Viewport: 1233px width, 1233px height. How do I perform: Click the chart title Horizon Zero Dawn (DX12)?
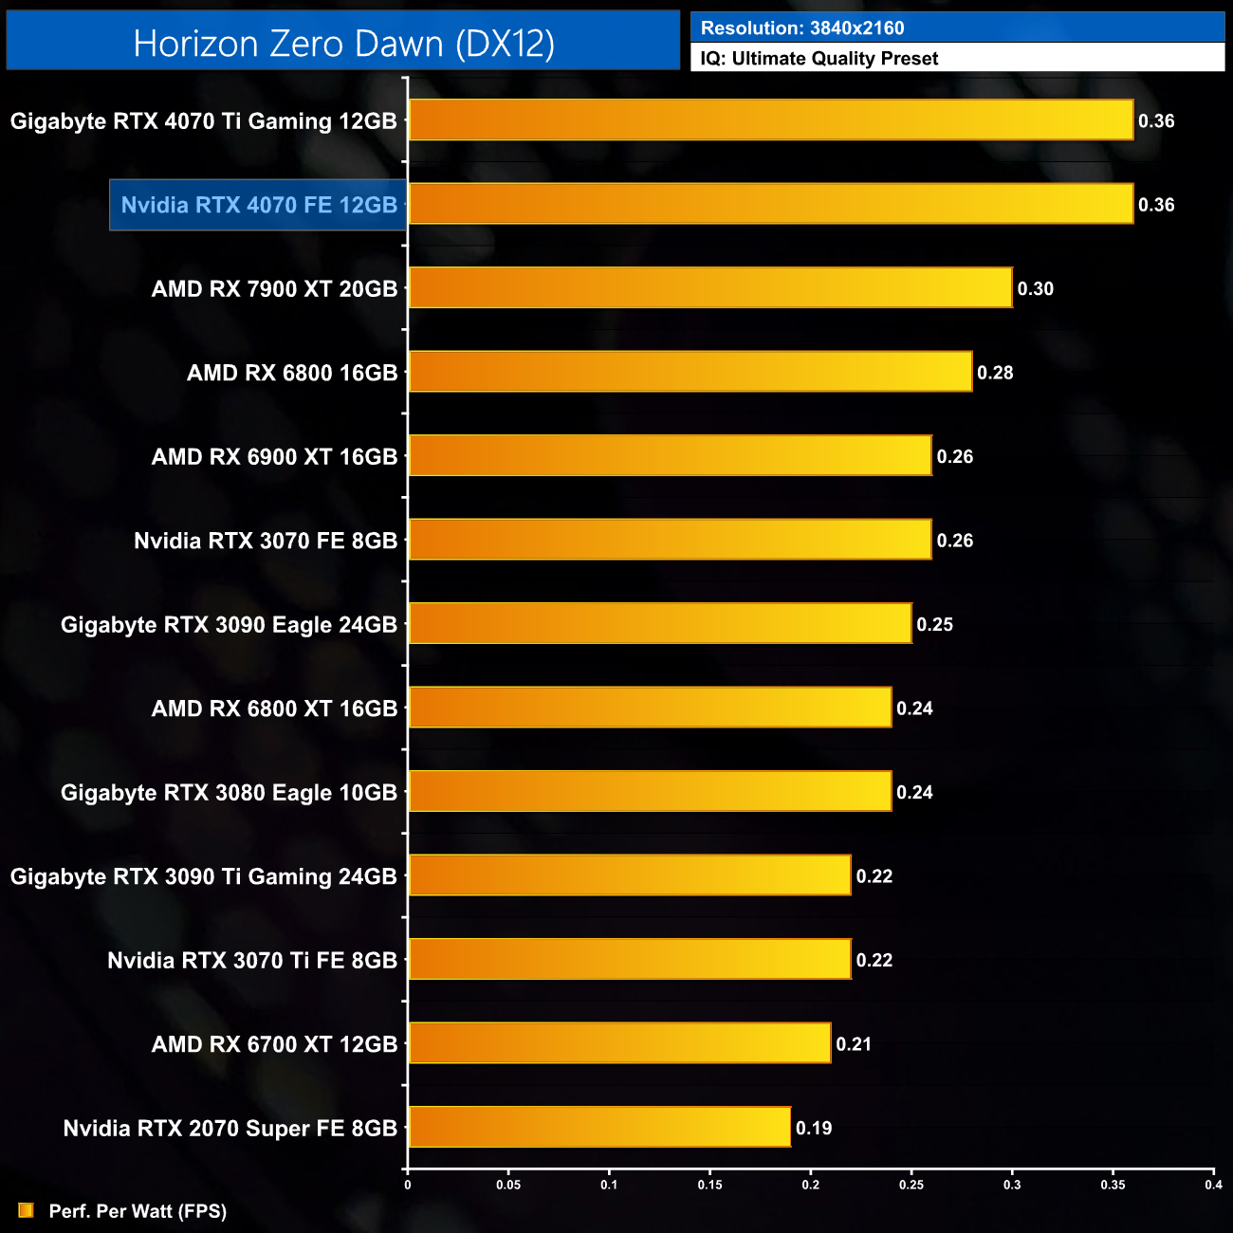343,44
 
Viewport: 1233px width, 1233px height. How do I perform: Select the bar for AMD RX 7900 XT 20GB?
709,288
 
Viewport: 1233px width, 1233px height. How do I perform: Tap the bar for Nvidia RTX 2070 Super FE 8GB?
599,1127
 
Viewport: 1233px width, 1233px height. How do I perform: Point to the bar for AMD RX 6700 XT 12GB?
619,1043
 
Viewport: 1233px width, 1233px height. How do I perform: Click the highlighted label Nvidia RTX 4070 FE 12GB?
259,205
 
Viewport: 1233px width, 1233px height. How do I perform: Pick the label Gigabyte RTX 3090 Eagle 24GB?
229,625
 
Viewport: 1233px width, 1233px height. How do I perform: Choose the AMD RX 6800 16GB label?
292,373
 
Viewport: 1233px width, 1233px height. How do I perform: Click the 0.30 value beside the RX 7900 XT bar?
1035,289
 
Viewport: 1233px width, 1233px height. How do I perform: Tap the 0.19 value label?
814,1128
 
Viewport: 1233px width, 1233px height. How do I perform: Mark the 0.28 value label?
995,373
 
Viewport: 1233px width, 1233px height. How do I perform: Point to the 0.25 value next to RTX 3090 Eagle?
934,625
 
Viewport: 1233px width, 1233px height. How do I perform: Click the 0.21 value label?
854,1044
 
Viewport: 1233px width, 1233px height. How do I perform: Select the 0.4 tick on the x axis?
1213,1185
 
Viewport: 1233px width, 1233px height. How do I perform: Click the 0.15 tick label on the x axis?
709,1185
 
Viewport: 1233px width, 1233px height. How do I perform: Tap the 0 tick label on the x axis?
408,1185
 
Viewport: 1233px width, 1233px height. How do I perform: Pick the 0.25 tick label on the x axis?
911,1185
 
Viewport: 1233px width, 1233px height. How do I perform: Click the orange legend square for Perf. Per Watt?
26,1211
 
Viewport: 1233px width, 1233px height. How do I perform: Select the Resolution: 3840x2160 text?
802,28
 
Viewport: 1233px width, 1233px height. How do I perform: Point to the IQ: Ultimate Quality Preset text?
819,59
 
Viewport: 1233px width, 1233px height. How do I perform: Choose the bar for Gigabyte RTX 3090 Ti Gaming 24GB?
630,875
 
